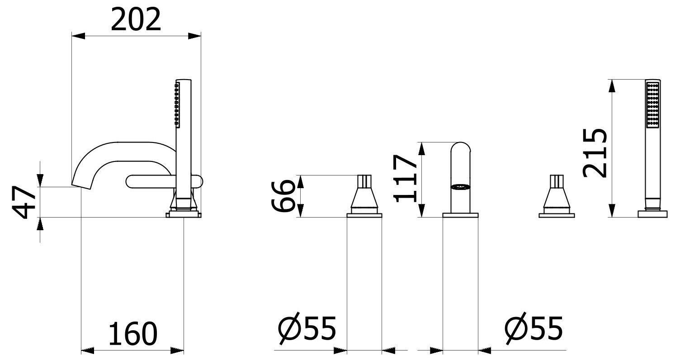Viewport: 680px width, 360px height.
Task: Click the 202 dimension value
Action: (x=136, y=19)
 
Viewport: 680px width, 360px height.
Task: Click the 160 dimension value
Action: (x=133, y=333)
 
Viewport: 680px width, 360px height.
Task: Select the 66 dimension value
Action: (x=282, y=195)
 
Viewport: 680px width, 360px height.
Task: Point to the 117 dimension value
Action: (x=405, y=179)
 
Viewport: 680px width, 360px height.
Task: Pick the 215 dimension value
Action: (x=595, y=153)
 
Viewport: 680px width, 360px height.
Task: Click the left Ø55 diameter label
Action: (x=307, y=328)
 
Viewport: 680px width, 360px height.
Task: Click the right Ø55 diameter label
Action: (x=534, y=328)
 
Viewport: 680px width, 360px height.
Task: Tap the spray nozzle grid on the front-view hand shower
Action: (x=652, y=109)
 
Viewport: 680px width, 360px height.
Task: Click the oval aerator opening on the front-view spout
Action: (x=460, y=187)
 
